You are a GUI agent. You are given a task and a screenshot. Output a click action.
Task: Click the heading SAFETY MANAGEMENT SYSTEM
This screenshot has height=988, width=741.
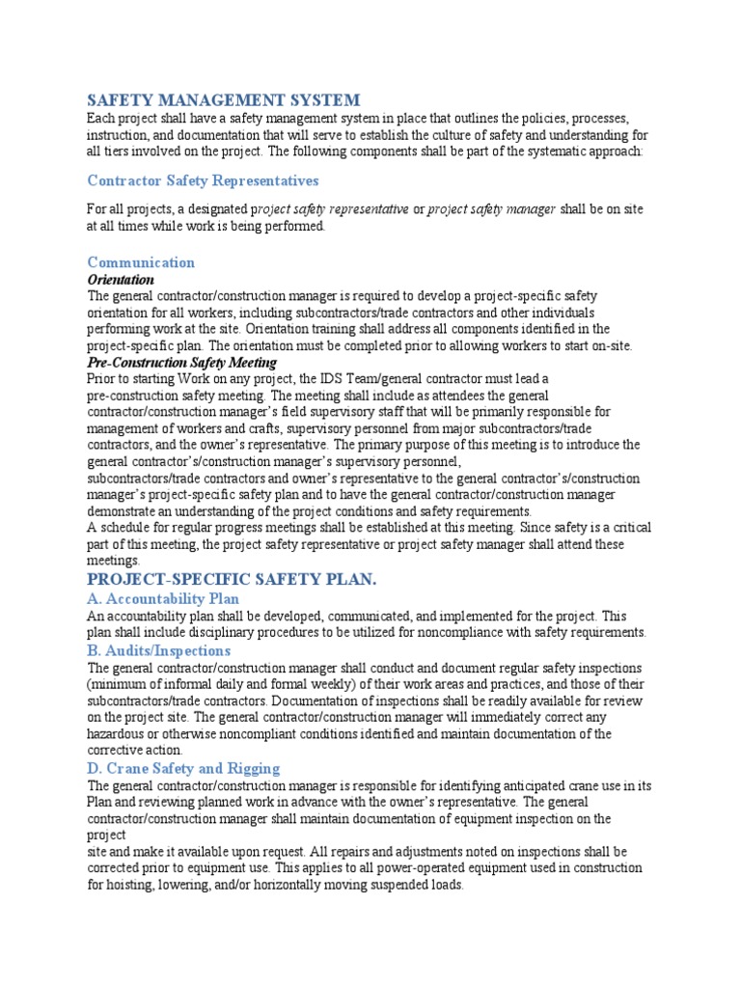click(x=224, y=99)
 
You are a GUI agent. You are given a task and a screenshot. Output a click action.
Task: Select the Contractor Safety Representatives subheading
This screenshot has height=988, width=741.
click(x=203, y=180)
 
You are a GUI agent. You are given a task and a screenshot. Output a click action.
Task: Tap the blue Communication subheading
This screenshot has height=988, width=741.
click(x=141, y=262)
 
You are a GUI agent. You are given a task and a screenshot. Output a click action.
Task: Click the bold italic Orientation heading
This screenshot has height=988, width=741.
click(x=121, y=279)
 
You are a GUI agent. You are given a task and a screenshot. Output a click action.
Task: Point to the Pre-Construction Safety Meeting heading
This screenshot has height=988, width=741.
click(x=182, y=363)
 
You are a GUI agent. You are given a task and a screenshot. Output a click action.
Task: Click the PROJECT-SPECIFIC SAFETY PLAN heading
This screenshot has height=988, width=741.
click(x=232, y=579)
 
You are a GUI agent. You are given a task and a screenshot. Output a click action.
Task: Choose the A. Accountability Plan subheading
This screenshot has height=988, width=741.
click(x=163, y=598)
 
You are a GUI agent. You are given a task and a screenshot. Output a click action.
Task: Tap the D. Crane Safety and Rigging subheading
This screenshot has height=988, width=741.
click(x=183, y=768)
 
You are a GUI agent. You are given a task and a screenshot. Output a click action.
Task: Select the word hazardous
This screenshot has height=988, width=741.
click(x=118, y=734)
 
